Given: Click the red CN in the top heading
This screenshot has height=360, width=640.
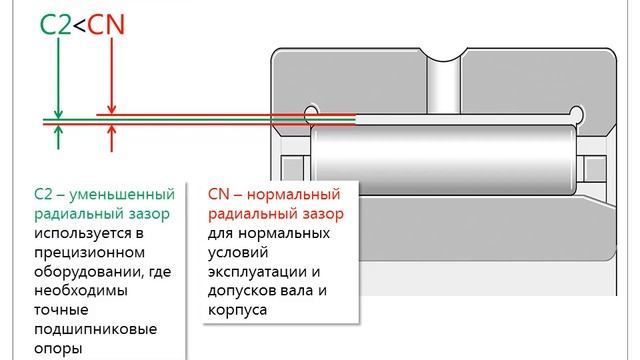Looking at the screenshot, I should pos(106,24).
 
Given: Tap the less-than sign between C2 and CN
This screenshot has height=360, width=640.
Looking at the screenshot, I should pos(80,25).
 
